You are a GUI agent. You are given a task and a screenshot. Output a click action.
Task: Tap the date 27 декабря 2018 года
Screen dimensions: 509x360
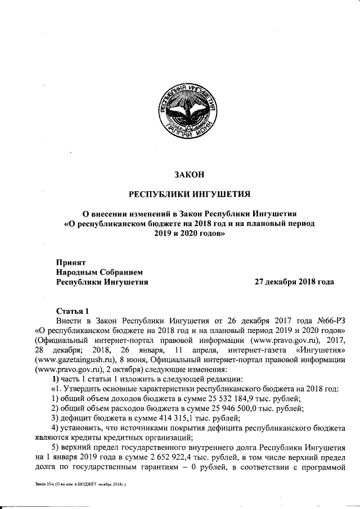click(x=294, y=282)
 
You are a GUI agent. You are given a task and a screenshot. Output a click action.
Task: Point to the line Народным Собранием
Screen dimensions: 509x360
click(x=96, y=272)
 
